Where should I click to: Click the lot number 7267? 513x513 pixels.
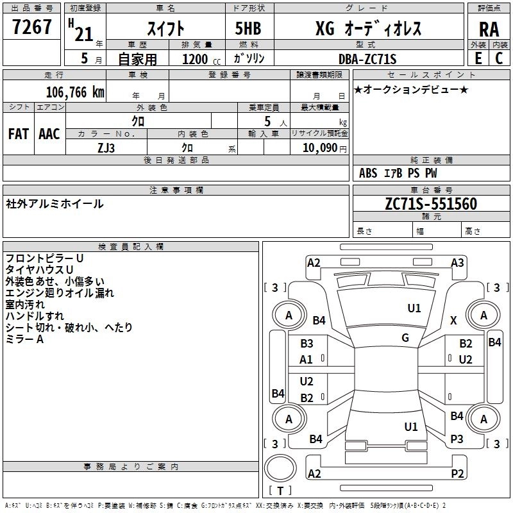[32, 27]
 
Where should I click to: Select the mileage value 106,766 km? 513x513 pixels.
[75, 92]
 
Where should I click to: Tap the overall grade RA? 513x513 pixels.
[489, 29]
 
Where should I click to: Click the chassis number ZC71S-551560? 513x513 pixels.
[431, 204]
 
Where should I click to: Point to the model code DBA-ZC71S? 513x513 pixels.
[367, 59]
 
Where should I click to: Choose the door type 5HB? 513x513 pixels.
[248, 28]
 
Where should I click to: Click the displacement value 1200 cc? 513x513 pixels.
[201, 59]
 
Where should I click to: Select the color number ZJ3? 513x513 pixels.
[106, 148]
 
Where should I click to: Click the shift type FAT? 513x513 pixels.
[19, 134]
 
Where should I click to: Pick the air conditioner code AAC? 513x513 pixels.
[49, 134]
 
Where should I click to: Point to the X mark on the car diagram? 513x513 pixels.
[453, 320]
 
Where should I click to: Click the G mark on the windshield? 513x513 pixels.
[405, 338]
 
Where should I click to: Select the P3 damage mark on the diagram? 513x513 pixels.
[457, 439]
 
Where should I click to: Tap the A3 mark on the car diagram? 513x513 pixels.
[457, 263]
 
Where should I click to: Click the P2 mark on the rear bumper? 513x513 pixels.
[457, 473]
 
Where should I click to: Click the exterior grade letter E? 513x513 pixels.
[478, 58]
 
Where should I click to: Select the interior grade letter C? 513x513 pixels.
[499, 58]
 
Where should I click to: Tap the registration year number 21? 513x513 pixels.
[84, 35]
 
